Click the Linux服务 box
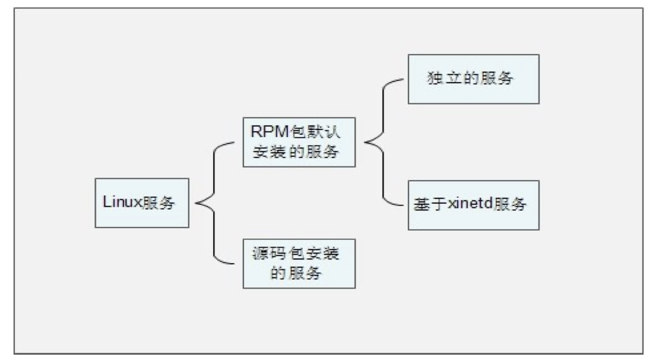point(142,203)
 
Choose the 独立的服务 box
point(473,79)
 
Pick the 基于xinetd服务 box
point(473,205)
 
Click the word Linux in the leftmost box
point(121,203)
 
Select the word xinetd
point(468,205)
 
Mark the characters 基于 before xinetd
point(427,205)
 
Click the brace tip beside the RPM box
point(364,142)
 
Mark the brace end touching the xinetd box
point(407,204)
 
